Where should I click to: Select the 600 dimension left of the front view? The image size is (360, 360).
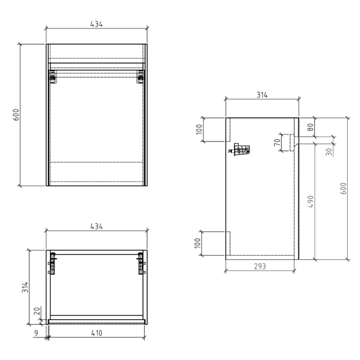(x=16, y=115)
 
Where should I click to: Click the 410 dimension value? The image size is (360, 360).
(x=96, y=333)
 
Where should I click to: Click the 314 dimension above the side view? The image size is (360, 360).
(x=261, y=95)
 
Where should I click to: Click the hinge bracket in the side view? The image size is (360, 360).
(x=241, y=150)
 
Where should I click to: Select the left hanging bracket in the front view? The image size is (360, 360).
(x=52, y=77)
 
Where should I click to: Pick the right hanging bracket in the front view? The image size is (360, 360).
(x=141, y=77)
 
